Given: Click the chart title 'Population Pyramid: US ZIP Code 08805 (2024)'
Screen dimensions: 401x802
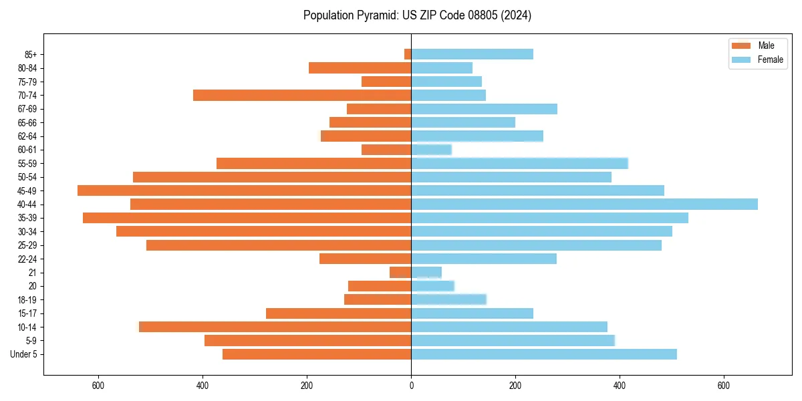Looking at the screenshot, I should click(x=417, y=15).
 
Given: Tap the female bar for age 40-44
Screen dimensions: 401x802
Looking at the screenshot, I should click(x=584, y=204).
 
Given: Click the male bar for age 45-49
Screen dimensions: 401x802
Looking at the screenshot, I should click(x=244, y=190).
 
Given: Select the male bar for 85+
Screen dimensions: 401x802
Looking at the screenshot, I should click(x=408, y=54).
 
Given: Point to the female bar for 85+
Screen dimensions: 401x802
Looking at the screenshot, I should click(x=472, y=54).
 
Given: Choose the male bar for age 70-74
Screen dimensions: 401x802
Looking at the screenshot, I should click(x=302, y=95).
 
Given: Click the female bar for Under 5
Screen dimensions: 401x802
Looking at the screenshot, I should click(x=543, y=354).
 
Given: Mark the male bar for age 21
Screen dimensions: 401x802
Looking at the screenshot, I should click(x=400, y=272).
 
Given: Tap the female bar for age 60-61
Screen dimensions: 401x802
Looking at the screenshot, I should click(x=431, y=150).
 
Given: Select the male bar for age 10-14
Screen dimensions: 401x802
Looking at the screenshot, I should click(x=275, y=327).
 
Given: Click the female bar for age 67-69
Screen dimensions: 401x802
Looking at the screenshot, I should click(x=484, y=109).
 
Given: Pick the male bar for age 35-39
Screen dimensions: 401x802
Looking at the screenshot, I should click(x=247, y=218).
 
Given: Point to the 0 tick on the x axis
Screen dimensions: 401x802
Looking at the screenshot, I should click(x=411, y=386).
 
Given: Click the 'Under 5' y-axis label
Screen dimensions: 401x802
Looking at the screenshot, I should click(x=24, y=354).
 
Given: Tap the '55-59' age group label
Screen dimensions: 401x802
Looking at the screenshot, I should click(x=27, y=163).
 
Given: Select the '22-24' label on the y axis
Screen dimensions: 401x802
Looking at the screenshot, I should click(x=27, y=259).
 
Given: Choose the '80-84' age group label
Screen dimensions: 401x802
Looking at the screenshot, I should click(x=27, y=68).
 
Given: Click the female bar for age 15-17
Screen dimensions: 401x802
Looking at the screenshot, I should click(x=472, y=313).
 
